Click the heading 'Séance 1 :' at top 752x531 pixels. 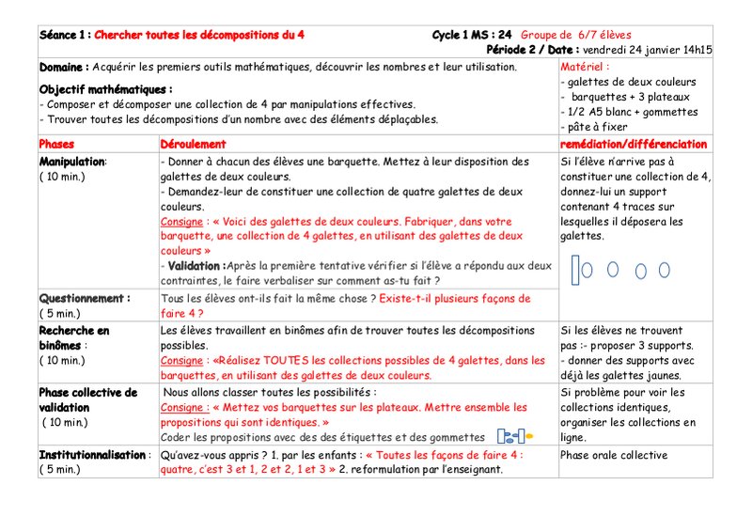point(65,35)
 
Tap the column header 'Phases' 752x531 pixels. point(57,144)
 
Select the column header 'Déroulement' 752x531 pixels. point(194,144)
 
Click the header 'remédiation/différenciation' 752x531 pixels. point(633,144)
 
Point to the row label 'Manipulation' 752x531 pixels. point(72,161)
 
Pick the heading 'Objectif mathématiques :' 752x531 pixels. point(105,89)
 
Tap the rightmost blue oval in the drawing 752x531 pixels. point(664,270)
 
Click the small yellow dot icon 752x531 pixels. point(529,437)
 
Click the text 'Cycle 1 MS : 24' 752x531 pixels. point(472,35)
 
